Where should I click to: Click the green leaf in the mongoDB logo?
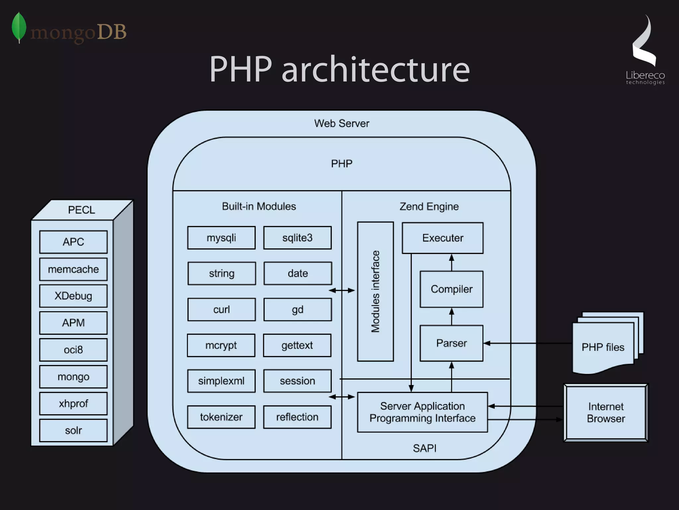(x=19, y=27)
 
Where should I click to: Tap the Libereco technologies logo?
(x=645, y=50)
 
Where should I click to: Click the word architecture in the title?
(x=375, y=70)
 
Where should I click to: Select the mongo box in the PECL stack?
(x=73, y=377)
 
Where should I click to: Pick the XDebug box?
(x=73, y=296)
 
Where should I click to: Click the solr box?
(x=73, y=430)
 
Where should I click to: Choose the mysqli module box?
(x=221, y=238)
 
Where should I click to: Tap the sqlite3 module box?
(x=297, y=238)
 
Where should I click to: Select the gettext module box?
(x=297, y=345)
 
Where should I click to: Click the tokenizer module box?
(x=221, y=417)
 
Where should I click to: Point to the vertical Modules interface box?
(x=375, y=291)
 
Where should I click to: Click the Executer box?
(x=443, y=238)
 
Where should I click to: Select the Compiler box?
(x=451, y=289)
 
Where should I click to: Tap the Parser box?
(x=451, y=343)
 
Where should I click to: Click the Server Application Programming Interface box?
(x=422, y=412)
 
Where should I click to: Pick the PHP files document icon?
(x=603, y=345)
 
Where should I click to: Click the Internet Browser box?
(x=606, y=412)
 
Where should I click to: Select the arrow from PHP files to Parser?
(x=527, y=343)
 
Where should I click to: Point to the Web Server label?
(x=341, y=123)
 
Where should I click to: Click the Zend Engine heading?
(x=429, y=206)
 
